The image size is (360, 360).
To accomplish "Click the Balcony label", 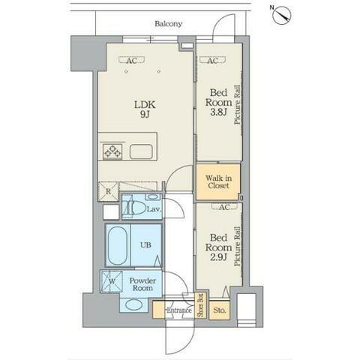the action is [168, 24].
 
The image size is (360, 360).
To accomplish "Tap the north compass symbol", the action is [282, 15].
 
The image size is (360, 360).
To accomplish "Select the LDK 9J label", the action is [145, 109].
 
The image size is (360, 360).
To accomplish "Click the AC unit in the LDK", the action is [132, 60].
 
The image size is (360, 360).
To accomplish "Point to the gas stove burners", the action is [112, 151].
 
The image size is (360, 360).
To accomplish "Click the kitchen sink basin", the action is [141, 151].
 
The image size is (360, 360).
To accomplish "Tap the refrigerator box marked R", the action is [108, 191].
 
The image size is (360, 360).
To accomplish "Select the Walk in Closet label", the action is [218, 181].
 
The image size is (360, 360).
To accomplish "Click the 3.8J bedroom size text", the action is [218, 112].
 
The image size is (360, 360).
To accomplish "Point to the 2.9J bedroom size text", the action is [218, 257].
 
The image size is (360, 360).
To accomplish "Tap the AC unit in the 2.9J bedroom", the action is [224, 206].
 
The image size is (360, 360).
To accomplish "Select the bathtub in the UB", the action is [118, 245].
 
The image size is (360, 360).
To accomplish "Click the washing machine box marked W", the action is [112, 281].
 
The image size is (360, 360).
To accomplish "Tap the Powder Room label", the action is [142, 284].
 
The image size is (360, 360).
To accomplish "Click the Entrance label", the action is [179, 310].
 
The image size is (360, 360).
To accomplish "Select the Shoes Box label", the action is [201, 305].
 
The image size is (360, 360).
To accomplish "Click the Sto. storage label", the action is [219, 310].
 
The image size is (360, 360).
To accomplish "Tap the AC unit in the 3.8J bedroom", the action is [212, 60].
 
